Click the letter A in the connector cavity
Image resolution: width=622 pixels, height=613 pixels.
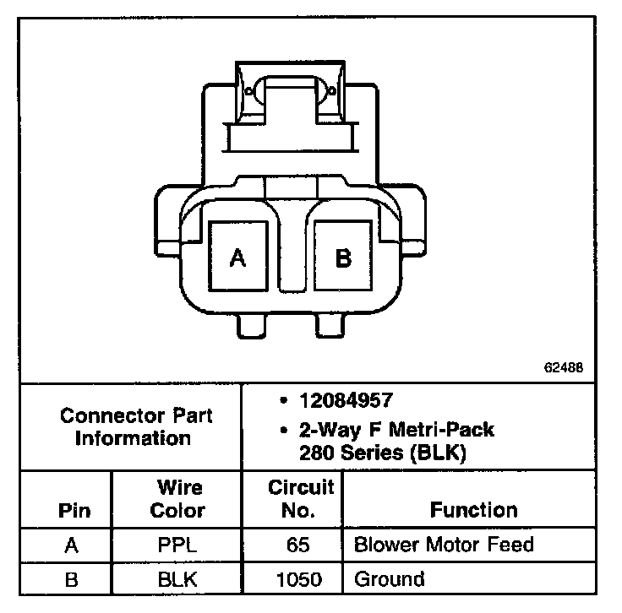tap(238, 258)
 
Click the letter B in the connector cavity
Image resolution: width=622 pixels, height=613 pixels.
tap(343, 258)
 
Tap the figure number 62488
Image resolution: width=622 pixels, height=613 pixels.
tap(563, 369)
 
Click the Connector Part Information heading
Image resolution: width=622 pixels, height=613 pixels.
tap(136, 427)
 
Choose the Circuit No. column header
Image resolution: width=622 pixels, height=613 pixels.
tap(301, 499)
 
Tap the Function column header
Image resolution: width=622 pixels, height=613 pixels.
tap(473, 510)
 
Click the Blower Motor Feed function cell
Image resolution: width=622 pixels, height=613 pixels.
tap(444, 545)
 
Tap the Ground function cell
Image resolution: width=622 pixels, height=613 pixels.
tap(389, 579)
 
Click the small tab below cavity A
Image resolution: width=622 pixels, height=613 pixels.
tap(253, 325)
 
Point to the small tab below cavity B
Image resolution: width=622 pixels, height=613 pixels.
tap(330, 325)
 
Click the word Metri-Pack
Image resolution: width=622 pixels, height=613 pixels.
tap(442, 430)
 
